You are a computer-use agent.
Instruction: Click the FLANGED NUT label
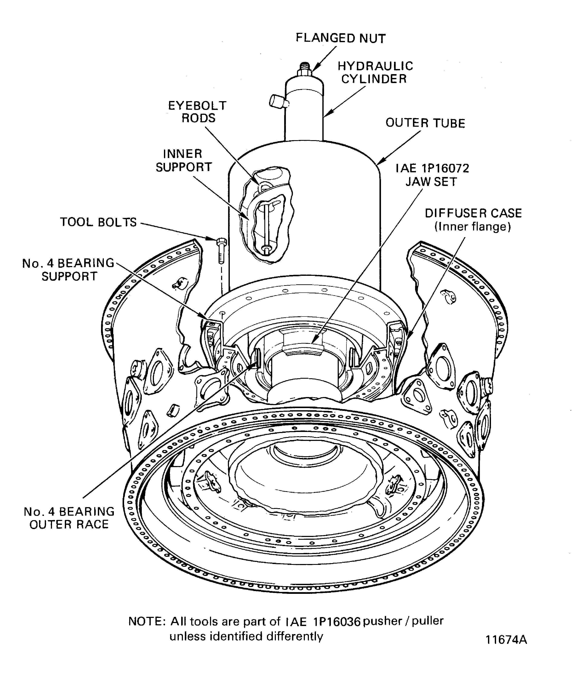pyautogui.click(x=340, y=38)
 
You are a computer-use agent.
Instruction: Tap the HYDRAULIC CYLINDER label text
pyautogui.click(x=375, y=72)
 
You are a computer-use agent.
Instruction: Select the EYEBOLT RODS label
pyautogui.click(x=197, y=112)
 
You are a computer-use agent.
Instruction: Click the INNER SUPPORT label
pyautogui.click(x=184, y=161)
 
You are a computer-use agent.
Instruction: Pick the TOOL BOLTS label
pyautogui.click(x=98, y=222)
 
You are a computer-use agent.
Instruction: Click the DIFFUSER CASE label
pyautogui.click(x=473, y=213)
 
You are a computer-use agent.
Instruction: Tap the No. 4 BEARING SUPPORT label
pyautogui.click(x=68, y=269)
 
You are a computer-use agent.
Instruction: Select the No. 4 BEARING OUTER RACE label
pyautogui.click(x=69, y=518)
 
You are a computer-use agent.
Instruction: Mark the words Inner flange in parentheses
pyautogui.click(x=473, y=227)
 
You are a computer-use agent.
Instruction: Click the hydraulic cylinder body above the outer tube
pyautogui.click(x=304, y=112)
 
